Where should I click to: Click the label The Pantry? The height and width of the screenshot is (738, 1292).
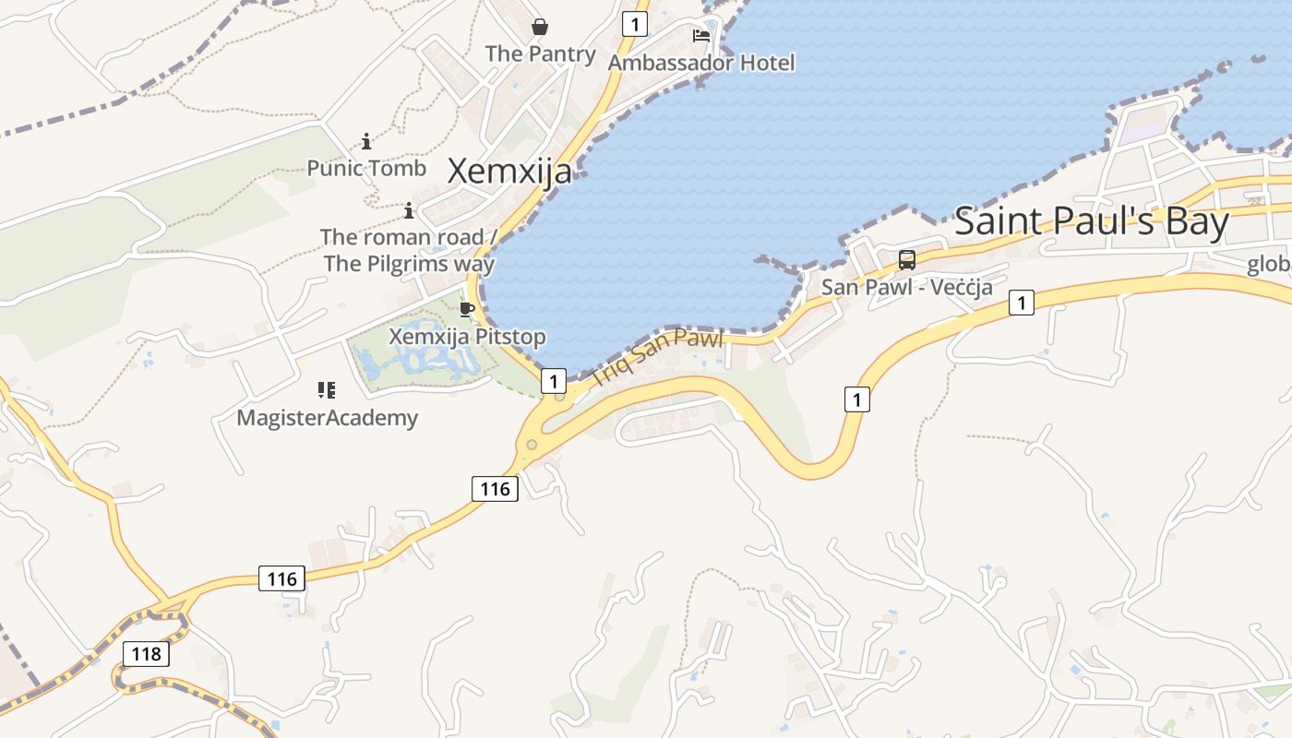(x=541, y=54)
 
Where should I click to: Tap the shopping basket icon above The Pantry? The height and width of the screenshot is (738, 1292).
(x=540, y=27)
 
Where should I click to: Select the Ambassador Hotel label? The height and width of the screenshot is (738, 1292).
(x=701, y=63)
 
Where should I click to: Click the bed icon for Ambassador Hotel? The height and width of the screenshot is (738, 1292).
(x=701, y=36)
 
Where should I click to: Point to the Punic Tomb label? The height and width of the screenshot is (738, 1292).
(x=366, y=168)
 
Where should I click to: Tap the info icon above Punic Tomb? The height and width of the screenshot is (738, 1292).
(x=366, y=141)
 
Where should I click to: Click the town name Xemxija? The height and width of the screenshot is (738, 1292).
(x=509, y=172)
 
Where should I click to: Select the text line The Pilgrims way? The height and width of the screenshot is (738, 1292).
(x=409, y=264)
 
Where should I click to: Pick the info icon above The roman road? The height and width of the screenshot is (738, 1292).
(x=409, y=211)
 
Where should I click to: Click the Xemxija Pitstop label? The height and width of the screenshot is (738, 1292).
(x=467, y=337)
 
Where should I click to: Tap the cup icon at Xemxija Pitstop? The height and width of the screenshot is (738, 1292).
(x=467, y=309)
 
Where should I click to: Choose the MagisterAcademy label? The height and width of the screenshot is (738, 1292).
(x=328, y=418)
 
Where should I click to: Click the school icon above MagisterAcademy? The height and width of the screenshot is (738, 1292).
(x=327, y=390)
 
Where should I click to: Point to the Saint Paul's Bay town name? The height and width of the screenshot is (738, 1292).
(x=1092, y=222)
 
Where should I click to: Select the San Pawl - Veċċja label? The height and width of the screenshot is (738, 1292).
(x=907, y=287)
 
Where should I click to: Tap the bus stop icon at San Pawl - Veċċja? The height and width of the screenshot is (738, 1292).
(x=907, y=260)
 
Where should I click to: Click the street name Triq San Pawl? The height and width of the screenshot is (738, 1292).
(x=656, y=356)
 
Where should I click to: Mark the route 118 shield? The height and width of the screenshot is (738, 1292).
(x=146, y=654)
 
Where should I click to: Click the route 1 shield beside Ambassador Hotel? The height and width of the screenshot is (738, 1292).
(x=634, y=23)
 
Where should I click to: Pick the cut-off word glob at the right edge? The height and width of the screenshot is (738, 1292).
(x=1270, y=265)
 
